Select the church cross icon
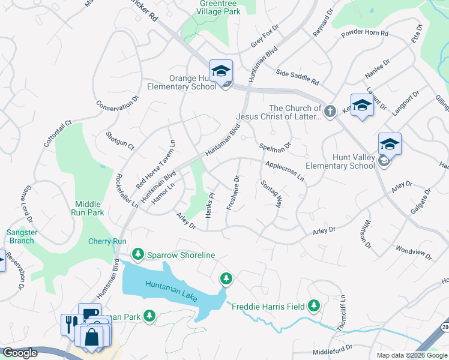[x=330, y=111]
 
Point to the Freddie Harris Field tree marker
[x=313, y=306]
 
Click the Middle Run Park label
[x=89, y=208]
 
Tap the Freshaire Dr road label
[x=233, y=191]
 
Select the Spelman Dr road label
[x=275, y=146]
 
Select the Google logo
[x=20, y=353]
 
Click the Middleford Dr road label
[x=332, y=348]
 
